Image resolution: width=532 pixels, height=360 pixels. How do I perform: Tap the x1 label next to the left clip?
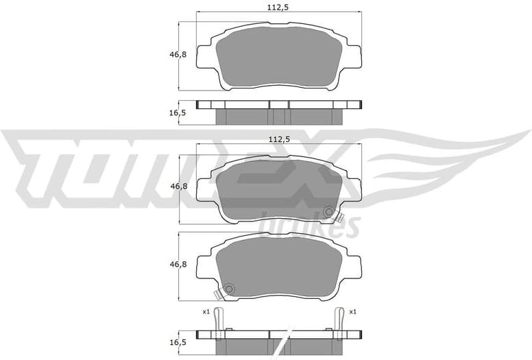click(205, 312)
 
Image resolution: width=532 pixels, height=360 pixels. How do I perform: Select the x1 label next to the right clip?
click(352, 312)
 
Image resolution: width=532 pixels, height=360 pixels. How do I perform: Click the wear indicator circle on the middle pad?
click(329, 212)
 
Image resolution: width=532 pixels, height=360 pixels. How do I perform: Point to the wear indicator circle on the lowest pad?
click(229, 289)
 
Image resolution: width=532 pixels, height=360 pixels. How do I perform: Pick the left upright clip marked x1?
click(218, 321)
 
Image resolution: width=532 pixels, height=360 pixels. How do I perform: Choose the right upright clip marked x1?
click(338, 321)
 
